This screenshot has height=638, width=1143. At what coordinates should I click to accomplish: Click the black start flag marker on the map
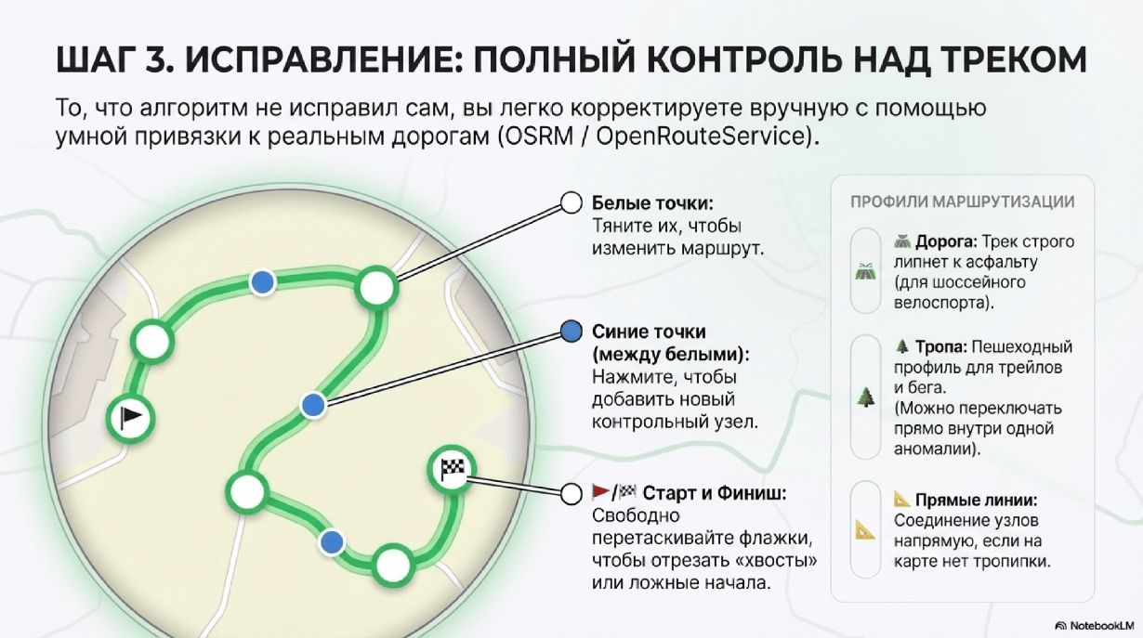coord(131,419)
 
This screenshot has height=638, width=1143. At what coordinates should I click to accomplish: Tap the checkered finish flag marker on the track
coord(453,470)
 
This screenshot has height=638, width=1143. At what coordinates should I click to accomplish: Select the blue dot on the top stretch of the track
coord(263,282)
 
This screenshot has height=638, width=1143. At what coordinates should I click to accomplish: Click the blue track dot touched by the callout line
coord(313,406)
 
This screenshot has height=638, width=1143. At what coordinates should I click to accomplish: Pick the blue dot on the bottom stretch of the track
coord(332,542)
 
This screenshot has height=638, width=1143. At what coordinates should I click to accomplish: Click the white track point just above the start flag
coord(152,342)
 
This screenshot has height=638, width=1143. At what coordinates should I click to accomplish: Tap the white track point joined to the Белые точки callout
coord(377,288)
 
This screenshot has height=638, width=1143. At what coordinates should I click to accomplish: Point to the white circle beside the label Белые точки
coord(571,202)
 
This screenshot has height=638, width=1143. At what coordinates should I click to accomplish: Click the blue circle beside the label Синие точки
coord(571,332)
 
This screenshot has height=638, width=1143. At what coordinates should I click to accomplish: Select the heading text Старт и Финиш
coord(715,493)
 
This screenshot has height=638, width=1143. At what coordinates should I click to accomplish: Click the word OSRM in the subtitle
coord(537,137)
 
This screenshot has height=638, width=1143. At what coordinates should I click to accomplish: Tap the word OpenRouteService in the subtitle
coord(698,137)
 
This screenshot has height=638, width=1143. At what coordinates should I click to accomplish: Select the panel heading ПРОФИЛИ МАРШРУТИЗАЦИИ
coord(963,202)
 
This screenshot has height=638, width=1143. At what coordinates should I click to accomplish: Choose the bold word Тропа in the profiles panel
coord(941,346)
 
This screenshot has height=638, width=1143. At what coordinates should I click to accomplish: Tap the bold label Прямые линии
coord(976,501)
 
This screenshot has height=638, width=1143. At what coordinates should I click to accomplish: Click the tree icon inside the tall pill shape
coord(865,397)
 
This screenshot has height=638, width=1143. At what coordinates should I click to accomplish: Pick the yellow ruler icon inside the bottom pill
coord(865,530)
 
